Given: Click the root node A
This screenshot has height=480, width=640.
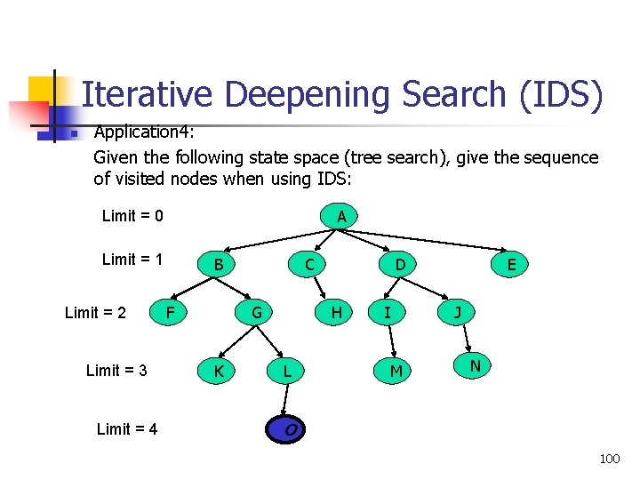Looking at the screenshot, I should point(342,216).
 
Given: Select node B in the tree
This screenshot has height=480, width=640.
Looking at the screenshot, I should point(218,264).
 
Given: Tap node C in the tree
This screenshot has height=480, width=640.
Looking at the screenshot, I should point(308,264).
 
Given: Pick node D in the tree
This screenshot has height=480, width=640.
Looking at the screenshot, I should point(401,264).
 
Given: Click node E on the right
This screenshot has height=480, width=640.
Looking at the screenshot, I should point(511,264).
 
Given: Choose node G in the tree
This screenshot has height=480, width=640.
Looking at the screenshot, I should point(256,312).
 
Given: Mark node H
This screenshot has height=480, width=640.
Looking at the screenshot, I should point(336,312).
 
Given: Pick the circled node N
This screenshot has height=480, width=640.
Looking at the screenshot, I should point(475,364).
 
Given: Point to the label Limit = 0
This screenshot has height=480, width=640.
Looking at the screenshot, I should point(132,216).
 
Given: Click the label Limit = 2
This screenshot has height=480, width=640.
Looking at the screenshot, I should point(95,312).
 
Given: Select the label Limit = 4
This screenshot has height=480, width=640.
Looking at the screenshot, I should point(127,429).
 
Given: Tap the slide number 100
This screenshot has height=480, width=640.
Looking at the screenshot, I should point(610,459).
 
